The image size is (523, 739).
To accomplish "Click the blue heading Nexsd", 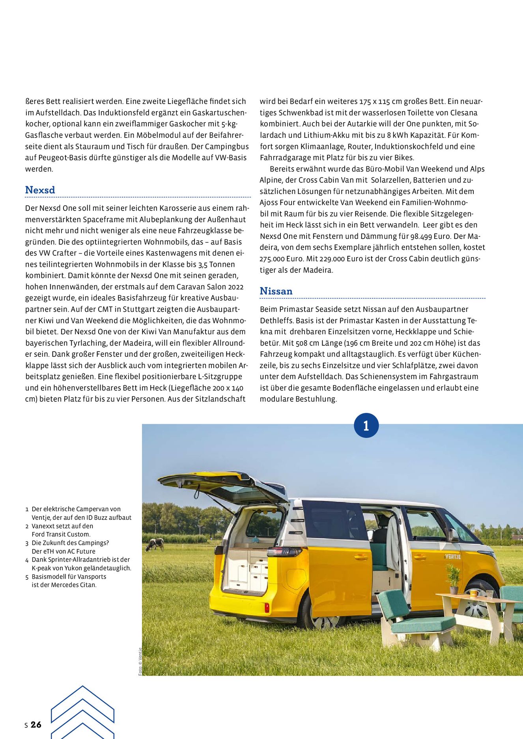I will (40, 190).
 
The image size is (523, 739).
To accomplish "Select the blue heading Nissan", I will (276, 291).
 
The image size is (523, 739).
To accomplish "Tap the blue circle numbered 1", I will (366, 426).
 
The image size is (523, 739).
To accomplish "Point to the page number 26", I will (36, 725).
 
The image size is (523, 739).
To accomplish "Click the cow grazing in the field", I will (155, 545).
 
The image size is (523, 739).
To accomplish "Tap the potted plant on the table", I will (453, 578).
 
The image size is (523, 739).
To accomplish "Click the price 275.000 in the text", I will (273, 259).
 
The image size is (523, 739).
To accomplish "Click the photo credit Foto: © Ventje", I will (140, 662).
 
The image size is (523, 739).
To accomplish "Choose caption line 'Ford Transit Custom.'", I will (61, 534).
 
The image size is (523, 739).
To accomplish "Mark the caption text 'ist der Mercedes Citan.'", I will (64, 585).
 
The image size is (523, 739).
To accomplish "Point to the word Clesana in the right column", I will (464, 113).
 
